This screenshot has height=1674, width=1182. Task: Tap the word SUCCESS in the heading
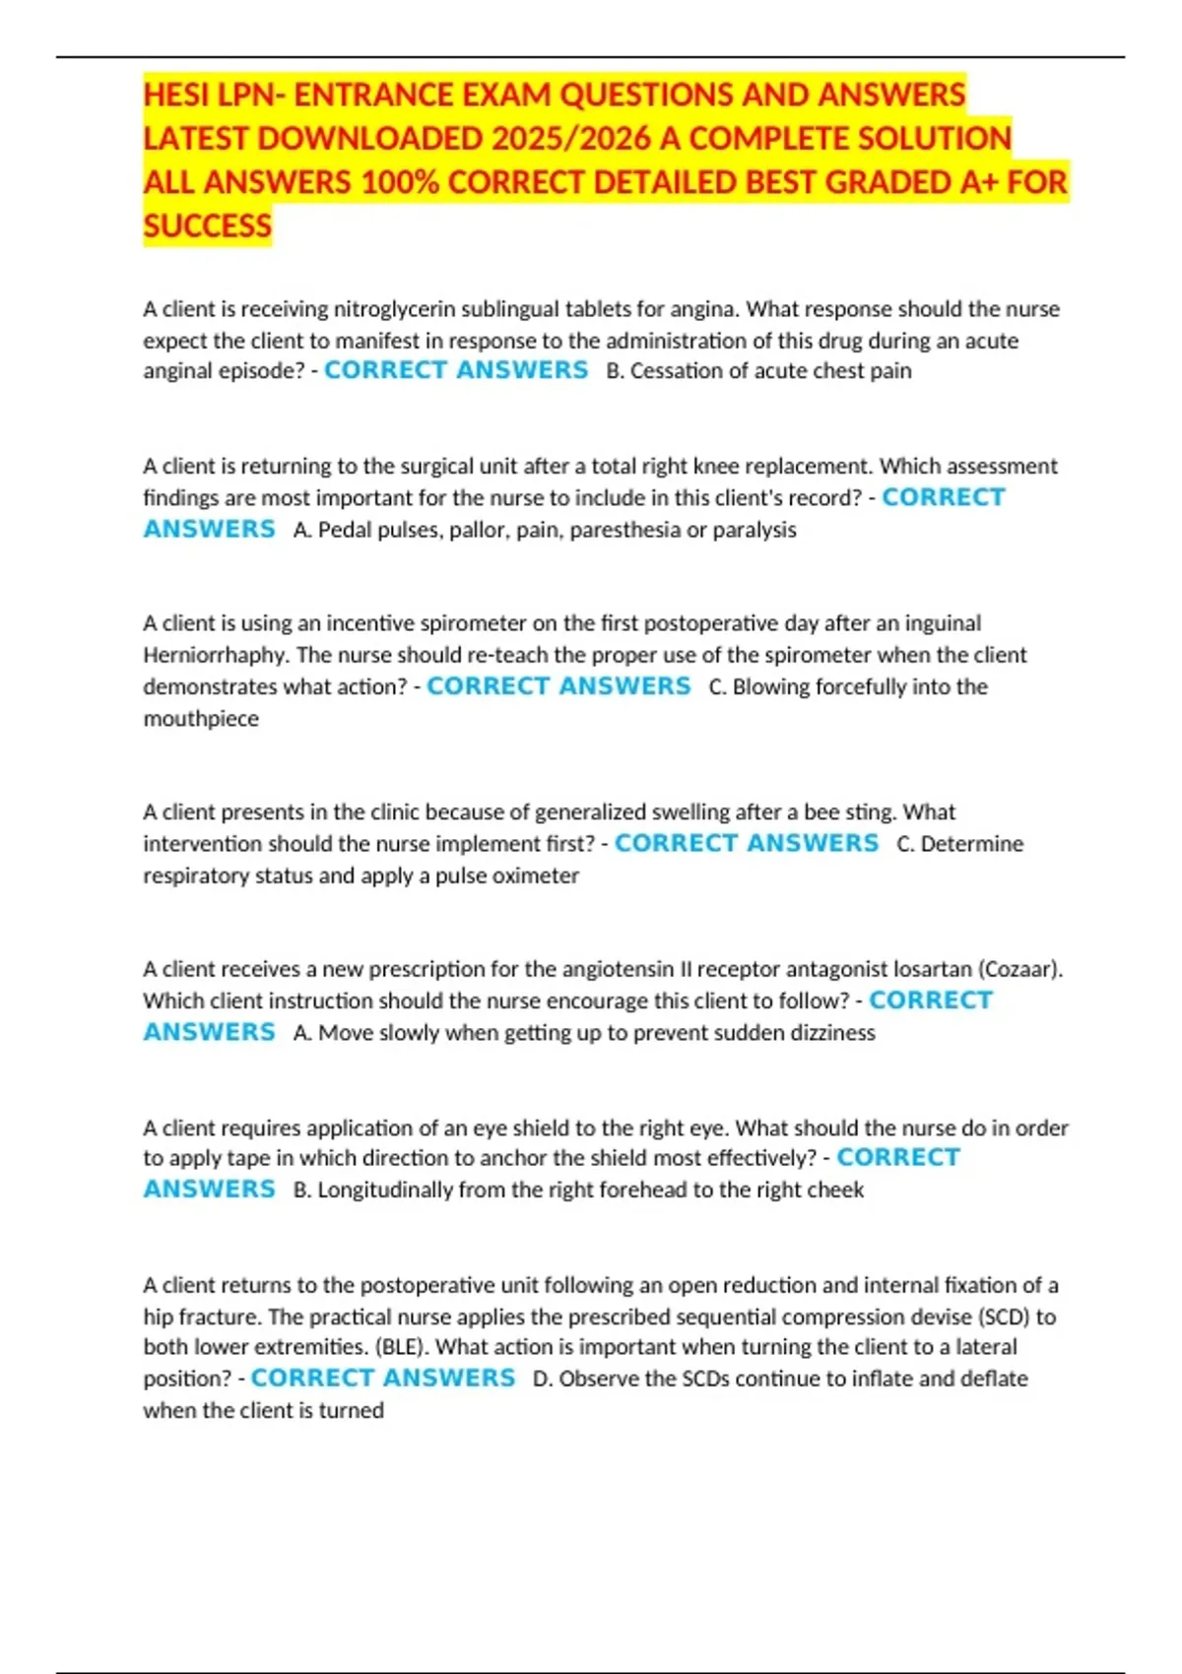[207, 226]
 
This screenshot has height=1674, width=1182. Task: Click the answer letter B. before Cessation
[615, 371]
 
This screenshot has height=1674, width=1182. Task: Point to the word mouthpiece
[201, 719]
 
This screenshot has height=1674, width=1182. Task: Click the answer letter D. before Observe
[543, 1379]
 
